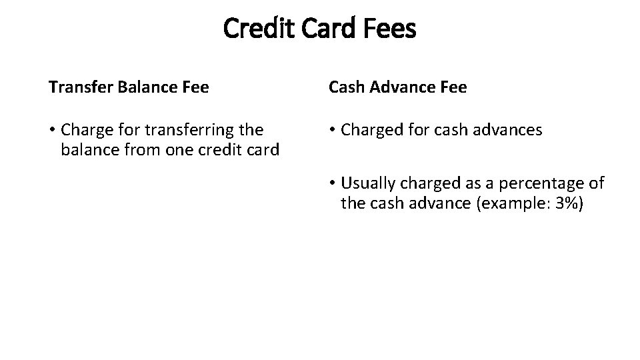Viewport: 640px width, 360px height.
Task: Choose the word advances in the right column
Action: [510, 129]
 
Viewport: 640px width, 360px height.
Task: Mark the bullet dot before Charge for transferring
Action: [52, 130]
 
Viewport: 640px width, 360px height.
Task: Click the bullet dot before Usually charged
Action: [331, 183]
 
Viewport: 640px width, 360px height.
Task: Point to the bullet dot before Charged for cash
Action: [331, 130]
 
